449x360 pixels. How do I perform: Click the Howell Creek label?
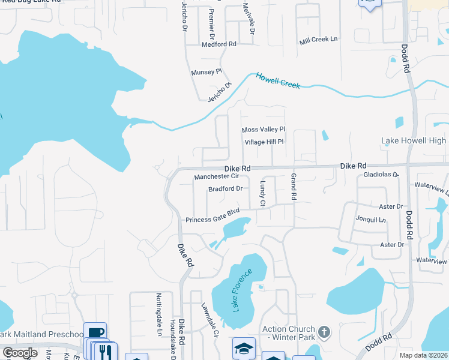pyautogui.click(x=278, y=81)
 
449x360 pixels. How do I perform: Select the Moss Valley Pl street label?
pyautogui.click(x=263, y=130)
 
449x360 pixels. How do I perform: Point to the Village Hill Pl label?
pyautogui.click(x=264, y=142)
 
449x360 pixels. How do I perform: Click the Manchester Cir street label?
pyautogui.click(x=217, y=177)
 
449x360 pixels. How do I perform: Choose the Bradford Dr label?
pyautogui.click(x=225, y=189)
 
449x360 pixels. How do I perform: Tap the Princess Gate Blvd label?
pyautogui.click(x=212, y=220)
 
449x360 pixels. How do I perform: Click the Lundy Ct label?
pyautogui.click(x=262, y=194)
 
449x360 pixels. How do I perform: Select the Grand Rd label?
pyautogui.click(x=294, y=187)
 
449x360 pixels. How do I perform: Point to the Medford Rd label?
pyautogui.click(x=219, y=44)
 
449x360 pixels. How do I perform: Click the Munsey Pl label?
pyautogui.click(x=206, y=72)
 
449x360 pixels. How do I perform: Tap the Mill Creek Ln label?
pyautogui.click(x=319, y=40)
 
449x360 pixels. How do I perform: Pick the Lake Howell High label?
pyautogui.click(x=414, y=141)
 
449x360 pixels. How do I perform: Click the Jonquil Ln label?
pyautogui.click(x=370, y=220)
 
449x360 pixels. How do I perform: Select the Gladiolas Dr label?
pyautogui.click(x=381, y=175)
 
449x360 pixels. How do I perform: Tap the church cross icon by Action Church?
pyautogui.click(x=324, y=332)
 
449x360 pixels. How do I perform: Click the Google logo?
pyautogui.click(x=20, y=353)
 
